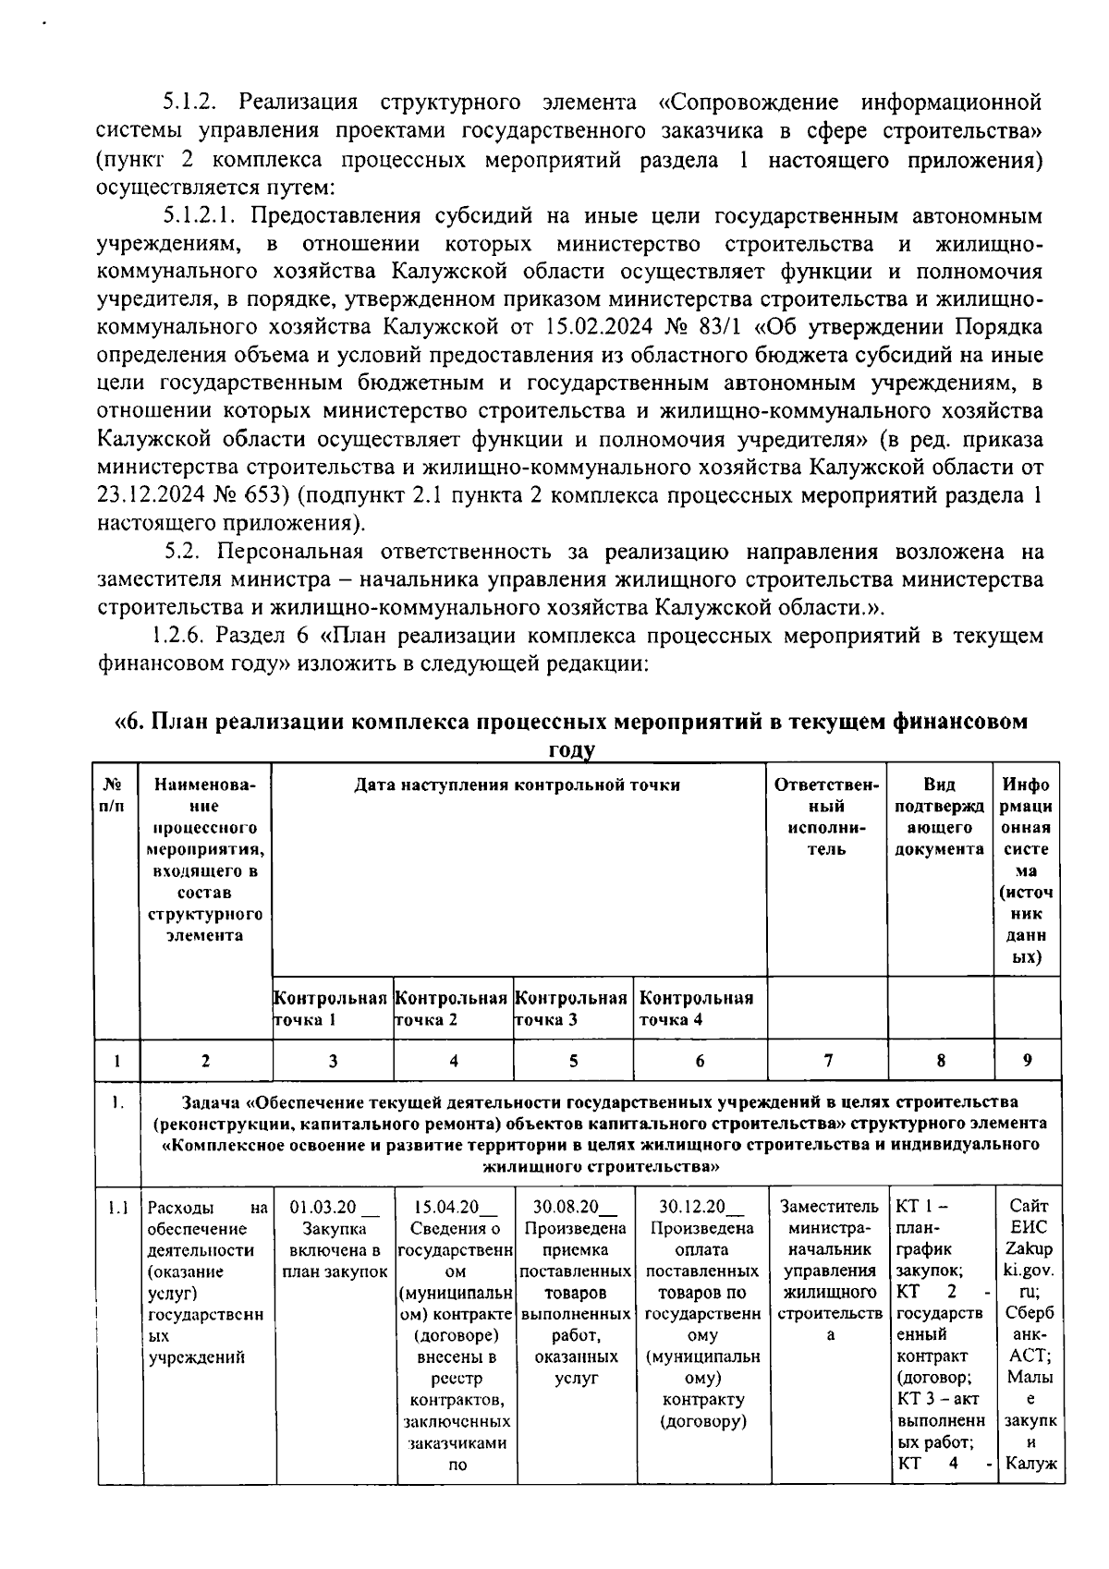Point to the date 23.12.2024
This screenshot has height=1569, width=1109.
153,494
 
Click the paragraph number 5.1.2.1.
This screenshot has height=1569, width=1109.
202,216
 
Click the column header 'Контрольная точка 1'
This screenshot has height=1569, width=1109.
330,1008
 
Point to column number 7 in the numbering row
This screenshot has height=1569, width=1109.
827,1061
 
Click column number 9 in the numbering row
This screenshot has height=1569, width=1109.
1027,1061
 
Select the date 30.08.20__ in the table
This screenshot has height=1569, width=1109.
575,1207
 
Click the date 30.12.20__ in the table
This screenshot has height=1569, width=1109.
700,1207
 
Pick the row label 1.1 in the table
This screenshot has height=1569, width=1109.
117,1207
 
